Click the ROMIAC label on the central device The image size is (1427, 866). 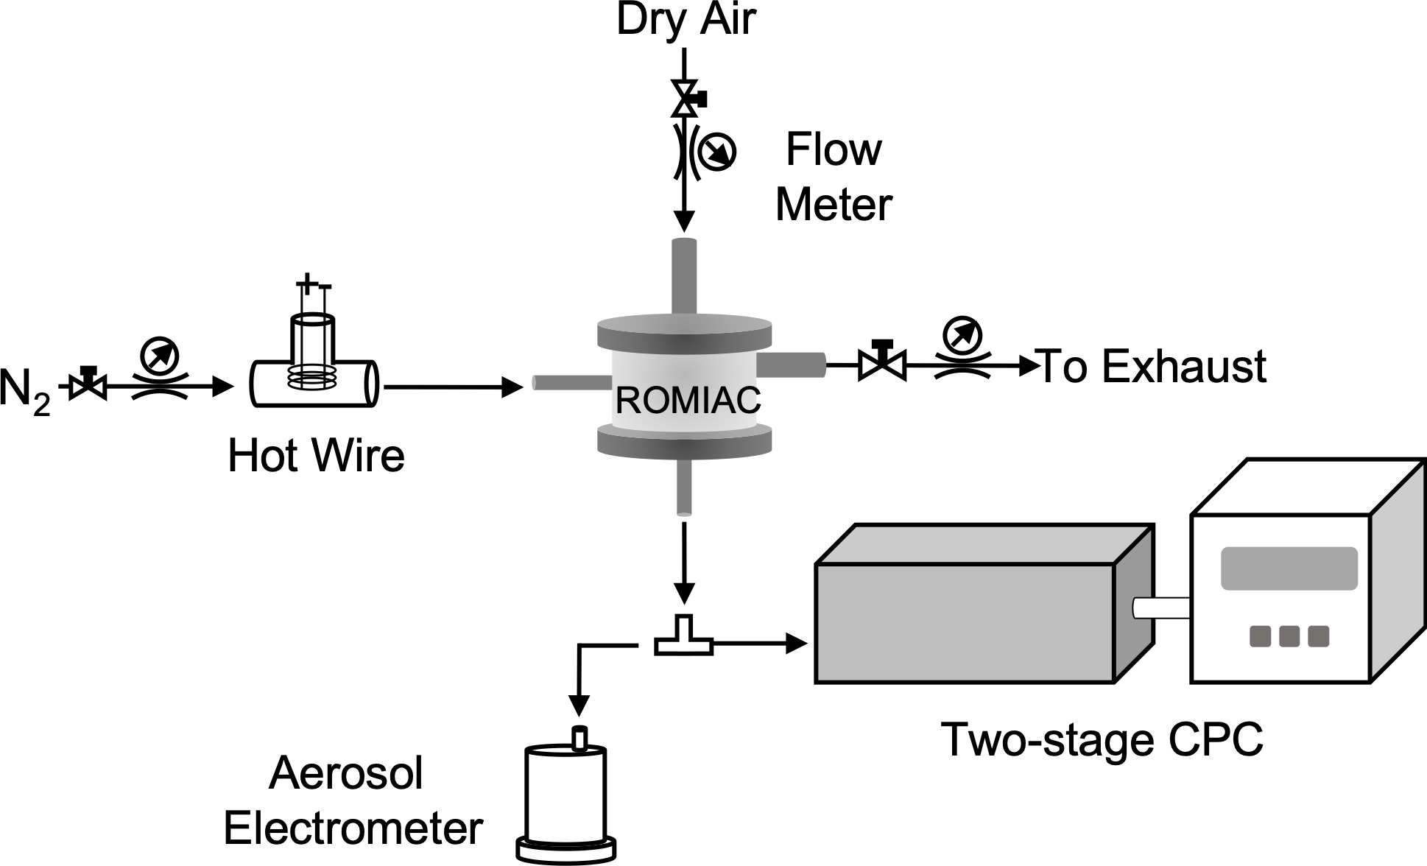point(688,401)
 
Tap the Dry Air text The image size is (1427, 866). point(686,20)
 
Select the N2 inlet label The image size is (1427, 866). point(25,390)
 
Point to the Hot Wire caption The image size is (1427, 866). point(316,456)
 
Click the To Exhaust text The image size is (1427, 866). point(1152,366)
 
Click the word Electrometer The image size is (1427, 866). point(353,828)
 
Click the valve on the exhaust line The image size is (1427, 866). point(882,362)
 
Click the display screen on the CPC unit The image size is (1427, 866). point(1289,568)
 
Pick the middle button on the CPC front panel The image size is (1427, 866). point(1289,636)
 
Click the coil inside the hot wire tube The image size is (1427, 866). point(313,378)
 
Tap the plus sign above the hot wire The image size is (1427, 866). point(306,282)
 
